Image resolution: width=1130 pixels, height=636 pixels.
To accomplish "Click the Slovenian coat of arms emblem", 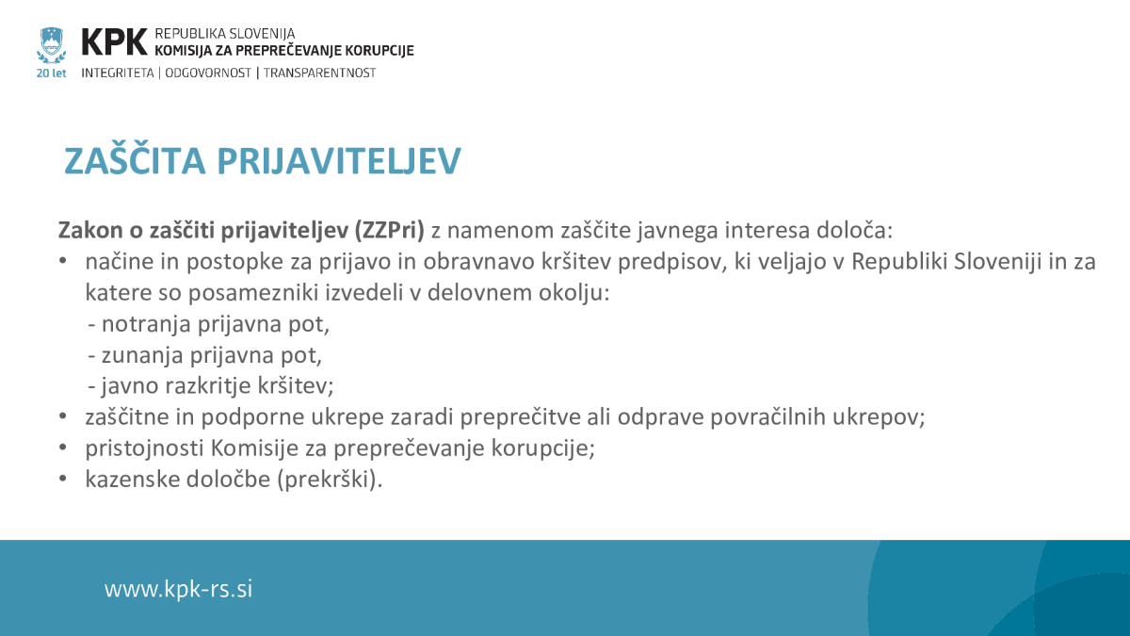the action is tap(51, 45).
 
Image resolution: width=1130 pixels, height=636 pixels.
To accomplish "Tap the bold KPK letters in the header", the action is tap(114, 41).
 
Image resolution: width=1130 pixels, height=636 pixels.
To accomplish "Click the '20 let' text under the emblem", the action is tap(51, 73).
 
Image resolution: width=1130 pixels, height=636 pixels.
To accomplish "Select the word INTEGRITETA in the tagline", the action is tap(118, 73).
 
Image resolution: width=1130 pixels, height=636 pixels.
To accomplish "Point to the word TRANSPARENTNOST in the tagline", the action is tap(319, 73).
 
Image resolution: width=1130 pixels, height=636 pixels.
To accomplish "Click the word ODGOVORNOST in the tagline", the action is tap(208, 73).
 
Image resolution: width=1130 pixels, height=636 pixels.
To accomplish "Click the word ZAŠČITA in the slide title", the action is tap(136, 160).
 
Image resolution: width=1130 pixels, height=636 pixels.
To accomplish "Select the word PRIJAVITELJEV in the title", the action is tap(339, 161).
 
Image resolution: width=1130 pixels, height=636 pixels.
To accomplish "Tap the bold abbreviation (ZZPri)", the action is tap(390, 231).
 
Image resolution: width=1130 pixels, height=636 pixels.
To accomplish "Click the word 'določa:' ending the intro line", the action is tap(855, 230).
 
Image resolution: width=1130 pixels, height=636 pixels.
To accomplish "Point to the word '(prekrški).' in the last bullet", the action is tap(330, 480).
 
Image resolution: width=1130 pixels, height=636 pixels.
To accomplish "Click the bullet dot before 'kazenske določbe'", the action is tap(62, 478).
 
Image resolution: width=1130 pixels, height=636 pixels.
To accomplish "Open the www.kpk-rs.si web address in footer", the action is tap(178, 589).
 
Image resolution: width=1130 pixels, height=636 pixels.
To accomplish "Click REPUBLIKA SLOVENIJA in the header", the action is tap(224, 34).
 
